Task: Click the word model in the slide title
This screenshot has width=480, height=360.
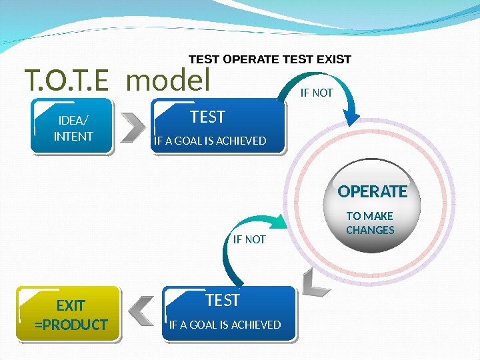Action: (x=167, y=81)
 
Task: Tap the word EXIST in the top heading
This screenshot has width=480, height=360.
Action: (x=333, y=59)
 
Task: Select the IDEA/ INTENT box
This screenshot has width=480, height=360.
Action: (x=73, y=127)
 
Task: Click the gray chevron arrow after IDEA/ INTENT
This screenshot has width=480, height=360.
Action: (x=134, y=128)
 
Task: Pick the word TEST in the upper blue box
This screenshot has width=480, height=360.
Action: (x=207, y=117)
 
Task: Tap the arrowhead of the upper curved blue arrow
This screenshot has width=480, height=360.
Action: (x=351, y=117)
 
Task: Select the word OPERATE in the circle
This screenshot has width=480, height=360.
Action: (x=372, y=192)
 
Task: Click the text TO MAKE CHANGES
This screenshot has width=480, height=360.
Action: (x=371, y=223)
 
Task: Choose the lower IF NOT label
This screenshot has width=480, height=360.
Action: (x=249, y=239)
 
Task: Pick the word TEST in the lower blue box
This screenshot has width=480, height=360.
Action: (x=223, y=301)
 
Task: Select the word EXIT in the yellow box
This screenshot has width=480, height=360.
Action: (x=71, y=305)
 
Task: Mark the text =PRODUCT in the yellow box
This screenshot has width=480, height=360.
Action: (x=71, y=325)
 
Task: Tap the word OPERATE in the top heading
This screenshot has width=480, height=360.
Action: (x=252, y=59)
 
